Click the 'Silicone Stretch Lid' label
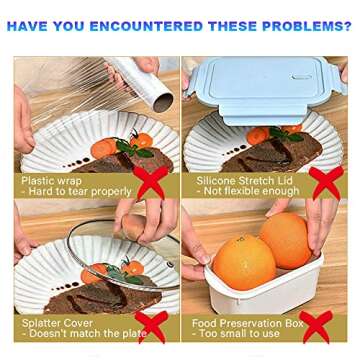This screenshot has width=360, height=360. click(x=240, y=180)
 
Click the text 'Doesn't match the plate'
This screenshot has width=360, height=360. click(x=80, y=335)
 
